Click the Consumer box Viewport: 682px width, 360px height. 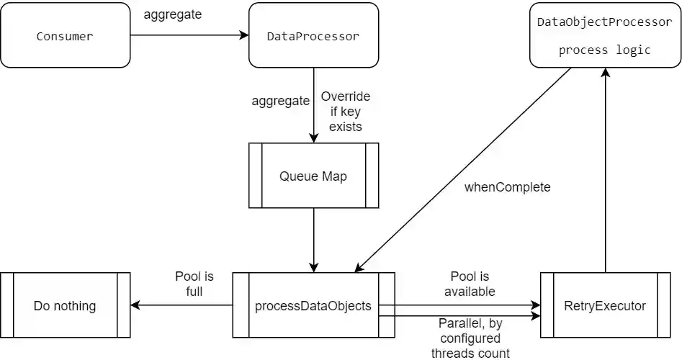click(x=65, y=35)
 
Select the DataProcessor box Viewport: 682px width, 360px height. click(x=313, y=35)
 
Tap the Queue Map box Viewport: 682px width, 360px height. click(x=313, y=176)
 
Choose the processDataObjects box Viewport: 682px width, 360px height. click(x=313, y=305)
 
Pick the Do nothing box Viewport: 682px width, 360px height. click(x=65, y=305)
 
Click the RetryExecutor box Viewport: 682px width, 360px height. click(x=605, y=305)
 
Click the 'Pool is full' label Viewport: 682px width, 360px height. click(x=194, y=284)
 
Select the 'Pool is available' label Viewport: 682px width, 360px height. click(x=469, y=284)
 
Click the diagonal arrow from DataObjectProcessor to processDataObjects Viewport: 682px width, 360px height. click(x=464, y=171)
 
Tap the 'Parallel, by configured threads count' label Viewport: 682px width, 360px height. click(x=470, y=338)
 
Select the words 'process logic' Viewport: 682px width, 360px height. click(x=604, y=50)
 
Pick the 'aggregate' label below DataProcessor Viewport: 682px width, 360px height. click(x=280, y=101)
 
